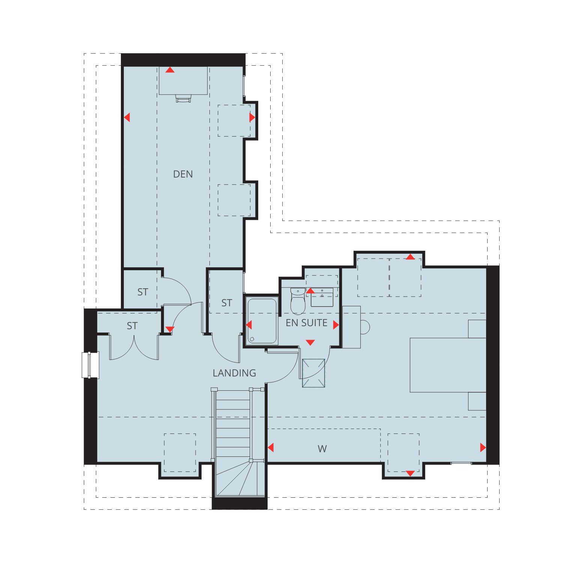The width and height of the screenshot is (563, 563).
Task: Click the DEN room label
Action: point(183,174)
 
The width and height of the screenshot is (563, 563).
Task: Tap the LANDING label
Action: point(234,373)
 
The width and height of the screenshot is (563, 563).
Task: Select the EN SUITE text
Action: point(307,323)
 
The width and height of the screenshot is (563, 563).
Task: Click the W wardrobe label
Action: point(322,449)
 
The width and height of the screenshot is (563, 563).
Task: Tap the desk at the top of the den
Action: point(183,81)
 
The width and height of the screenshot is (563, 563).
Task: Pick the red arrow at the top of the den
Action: point(170,70)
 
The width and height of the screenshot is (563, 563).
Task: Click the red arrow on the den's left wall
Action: point(127,117)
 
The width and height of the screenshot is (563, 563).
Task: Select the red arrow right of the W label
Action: point(483,447)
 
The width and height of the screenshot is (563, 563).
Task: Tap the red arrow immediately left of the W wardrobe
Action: point(271,447)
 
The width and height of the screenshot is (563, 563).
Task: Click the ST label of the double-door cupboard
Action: point(132,326)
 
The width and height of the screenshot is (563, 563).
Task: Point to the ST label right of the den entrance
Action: point(227,303)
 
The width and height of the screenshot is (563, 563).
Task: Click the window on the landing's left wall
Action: point(90,365)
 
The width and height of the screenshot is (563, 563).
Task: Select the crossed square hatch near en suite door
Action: point(313,373)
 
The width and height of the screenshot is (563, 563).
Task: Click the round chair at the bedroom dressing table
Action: point(365,327)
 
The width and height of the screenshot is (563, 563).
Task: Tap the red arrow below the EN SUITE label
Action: point(310,342)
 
